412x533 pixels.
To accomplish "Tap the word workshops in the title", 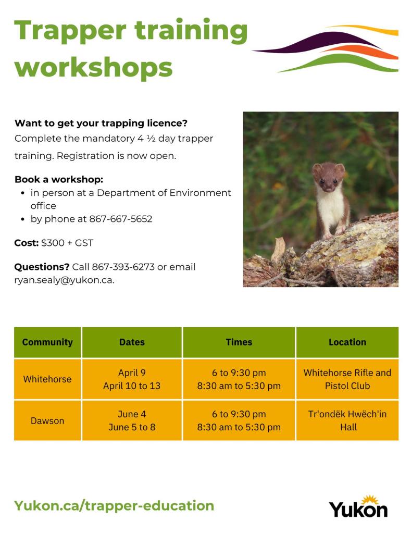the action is pyautogui.click(x=93, y=67).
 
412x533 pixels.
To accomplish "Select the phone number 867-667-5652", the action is pyautogui.click(x=121, y=219).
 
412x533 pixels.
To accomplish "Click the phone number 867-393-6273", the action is pyautogui.click(x=123, y=267).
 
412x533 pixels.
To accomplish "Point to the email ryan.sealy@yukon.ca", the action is pyautogui.click(x=64, y=280).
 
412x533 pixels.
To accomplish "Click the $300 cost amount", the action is pyautogui.click(x=53, y=243).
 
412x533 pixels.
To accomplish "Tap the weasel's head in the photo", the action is pyautogui.click(x=329, y=177).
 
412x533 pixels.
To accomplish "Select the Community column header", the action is pyautogui.click(x=47, y=342).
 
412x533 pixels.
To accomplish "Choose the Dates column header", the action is pyautogui.click(x=132, y=342).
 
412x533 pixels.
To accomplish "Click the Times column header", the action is pyautogui.click(x=239, y=342).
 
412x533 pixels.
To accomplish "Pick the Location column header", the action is pyautogui.click(x=347, y=342).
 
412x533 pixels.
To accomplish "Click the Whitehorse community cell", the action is pyautogui.click(x=47, y=379).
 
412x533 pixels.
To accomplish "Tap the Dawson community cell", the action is pyautogui.click(x=47, y=420).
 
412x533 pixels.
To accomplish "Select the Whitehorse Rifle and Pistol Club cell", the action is pyautogui.click(x=347, y=379).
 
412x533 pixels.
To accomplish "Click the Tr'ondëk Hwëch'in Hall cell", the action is pyautogui.click(x=347, y=420).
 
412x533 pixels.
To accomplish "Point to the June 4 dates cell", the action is pyautogui.click(x=132, y=414).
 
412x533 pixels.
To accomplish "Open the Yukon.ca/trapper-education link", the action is pyautogui.click(x=114, y=506).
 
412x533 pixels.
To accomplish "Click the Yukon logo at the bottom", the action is pyautogui.click(x=358, y=506).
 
